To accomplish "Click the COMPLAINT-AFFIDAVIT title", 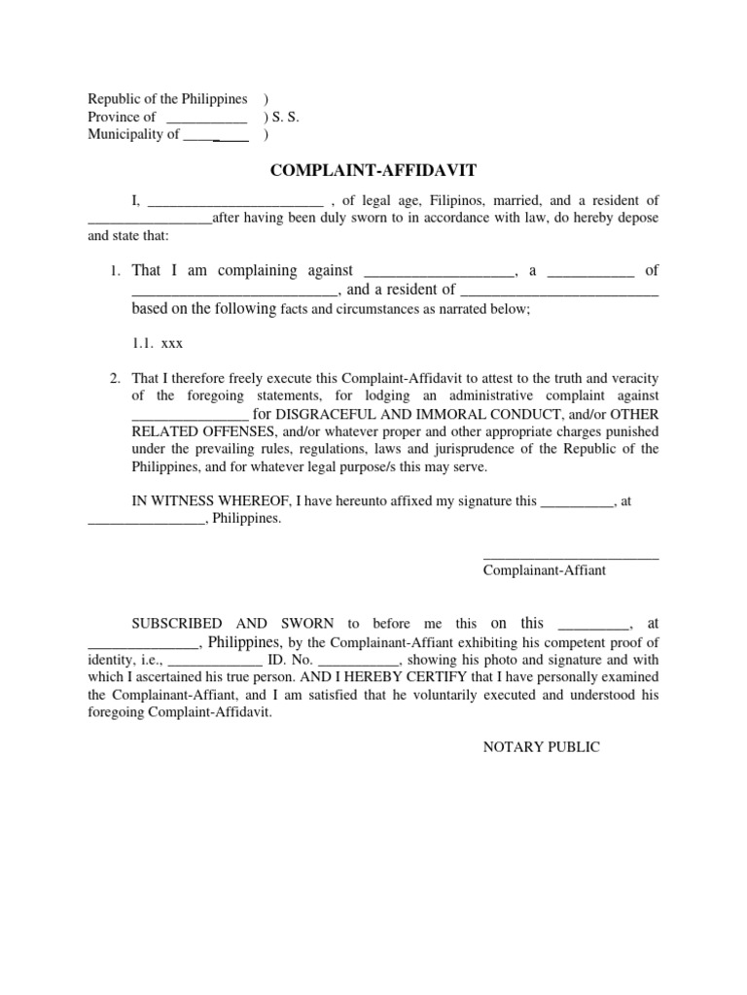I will tap(373, 171).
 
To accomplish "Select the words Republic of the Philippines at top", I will tap(167, 100).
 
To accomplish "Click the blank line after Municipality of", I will tap(216, 136).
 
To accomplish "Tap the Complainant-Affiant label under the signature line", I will tap(545, 570).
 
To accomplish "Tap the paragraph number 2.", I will tap(114, 379).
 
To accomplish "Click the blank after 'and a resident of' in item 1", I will tap(559, 291).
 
